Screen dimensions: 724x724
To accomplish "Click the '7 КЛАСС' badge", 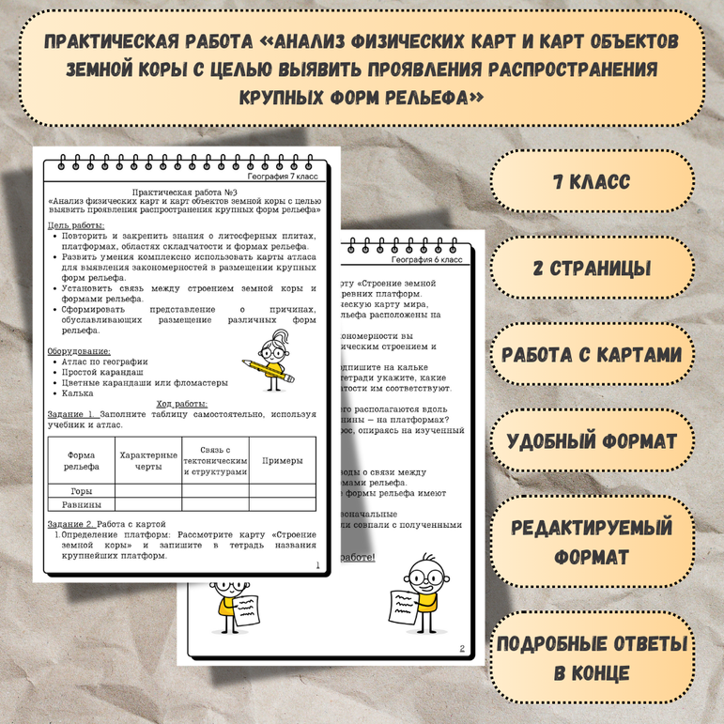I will [592, 181].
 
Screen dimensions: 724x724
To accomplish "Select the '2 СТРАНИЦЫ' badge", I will [592, 268].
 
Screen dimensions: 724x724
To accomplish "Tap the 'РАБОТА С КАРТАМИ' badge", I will [592, 354].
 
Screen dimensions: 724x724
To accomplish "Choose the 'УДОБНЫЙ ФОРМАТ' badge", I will [592, 441].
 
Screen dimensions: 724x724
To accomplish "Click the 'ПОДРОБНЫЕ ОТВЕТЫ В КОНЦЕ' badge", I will [592, 658].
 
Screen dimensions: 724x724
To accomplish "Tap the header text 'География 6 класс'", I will [427, 258].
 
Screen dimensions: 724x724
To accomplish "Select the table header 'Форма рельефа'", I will [81, 460].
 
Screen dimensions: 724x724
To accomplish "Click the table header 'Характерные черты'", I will [148, 460].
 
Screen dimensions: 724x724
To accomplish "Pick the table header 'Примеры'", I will [282, 460].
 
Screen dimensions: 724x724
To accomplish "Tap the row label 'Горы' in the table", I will [81, 490].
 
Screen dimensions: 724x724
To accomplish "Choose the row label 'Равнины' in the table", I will [81, 504].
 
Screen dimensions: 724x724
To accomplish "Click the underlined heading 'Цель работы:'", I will [76, 226].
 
